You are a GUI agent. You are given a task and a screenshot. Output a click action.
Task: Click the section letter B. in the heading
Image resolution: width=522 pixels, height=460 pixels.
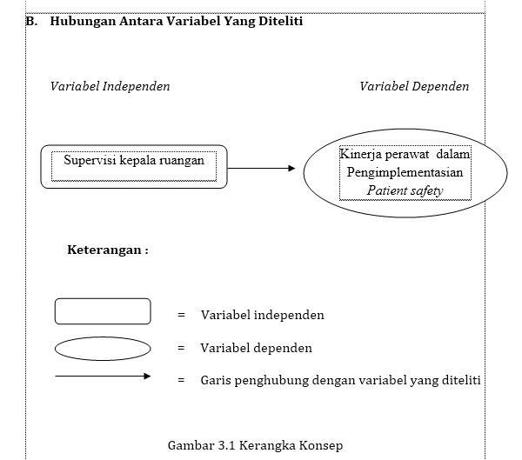[x=33, y=22]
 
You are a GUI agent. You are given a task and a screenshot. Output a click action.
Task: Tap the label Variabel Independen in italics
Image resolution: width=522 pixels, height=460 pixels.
[x=110, y=86]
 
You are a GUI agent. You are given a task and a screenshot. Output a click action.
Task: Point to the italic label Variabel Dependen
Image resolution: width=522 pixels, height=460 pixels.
[x=414, y=86]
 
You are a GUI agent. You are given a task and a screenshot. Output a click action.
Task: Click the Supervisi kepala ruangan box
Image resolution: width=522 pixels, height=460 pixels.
[x=134, y=166]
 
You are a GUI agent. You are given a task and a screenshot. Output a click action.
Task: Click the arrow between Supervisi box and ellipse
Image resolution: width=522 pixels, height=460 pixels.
[x=261, y=169]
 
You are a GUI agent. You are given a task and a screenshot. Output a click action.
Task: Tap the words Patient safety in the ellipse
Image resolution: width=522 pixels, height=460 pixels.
[x=405, y=190]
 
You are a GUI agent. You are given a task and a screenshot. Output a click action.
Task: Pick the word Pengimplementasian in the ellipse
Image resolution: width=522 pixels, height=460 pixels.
[x=405, y=172]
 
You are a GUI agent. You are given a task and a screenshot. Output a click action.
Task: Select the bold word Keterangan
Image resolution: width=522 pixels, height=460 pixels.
[x=104, y=250]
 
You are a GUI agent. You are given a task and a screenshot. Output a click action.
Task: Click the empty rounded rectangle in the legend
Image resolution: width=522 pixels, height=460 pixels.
[x=103, y=311]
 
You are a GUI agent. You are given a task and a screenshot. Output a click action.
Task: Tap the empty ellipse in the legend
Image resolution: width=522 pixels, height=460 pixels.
[x=103, y=349]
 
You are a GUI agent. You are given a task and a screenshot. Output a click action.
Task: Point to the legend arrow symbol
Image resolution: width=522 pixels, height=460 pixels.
[x=103, y=377]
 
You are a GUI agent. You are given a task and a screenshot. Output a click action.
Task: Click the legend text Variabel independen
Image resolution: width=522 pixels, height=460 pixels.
[x=262, y=315]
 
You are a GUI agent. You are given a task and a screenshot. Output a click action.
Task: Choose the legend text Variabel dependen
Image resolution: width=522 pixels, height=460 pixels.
[x=256, y=348]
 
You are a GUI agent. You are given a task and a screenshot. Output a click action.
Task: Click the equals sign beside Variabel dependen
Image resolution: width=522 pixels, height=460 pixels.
[x=181, y=348]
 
